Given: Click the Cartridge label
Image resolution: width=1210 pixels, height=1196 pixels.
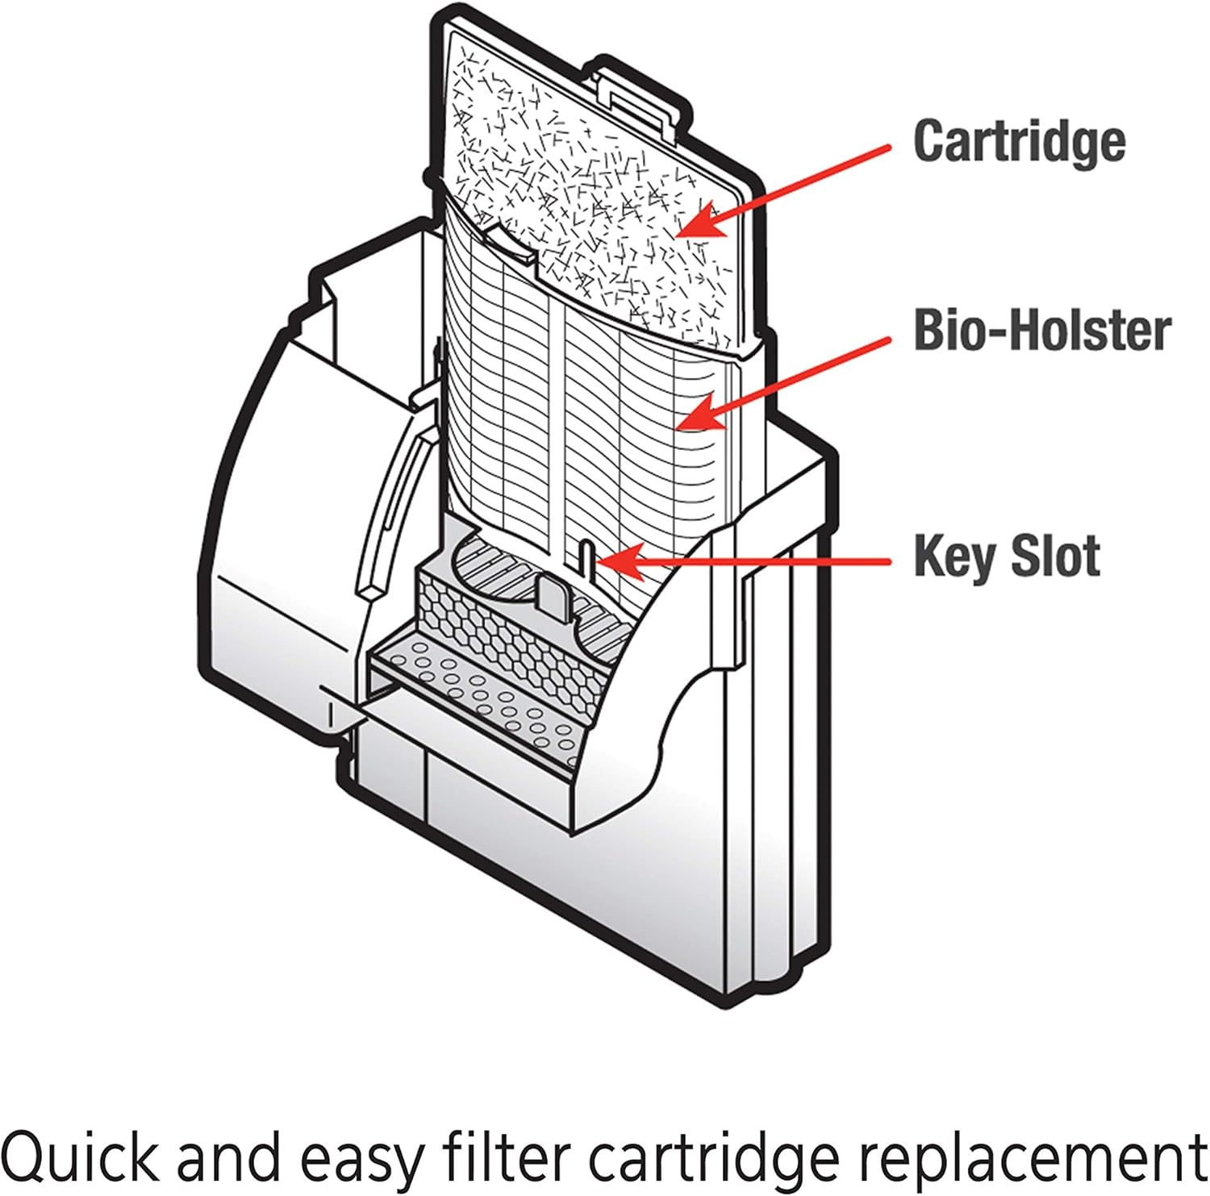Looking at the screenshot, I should pos(1019,141).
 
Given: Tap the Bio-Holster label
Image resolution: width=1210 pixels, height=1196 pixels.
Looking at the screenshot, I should pos(1041,331).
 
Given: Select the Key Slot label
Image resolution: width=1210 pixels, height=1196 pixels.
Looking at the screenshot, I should pos(1007,556).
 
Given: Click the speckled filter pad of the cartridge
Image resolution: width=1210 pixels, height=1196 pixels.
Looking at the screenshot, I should pos(597,202).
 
